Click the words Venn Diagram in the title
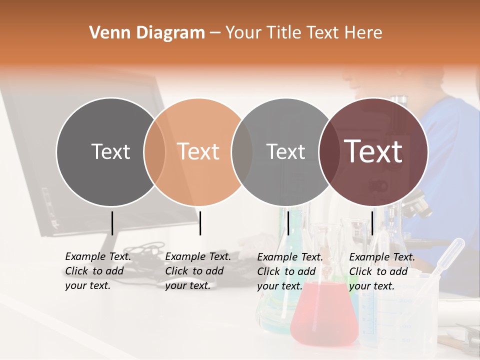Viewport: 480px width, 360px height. click(147, 33)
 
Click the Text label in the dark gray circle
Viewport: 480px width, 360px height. click(110, 151)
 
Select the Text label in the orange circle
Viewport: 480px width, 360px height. click(198, 151)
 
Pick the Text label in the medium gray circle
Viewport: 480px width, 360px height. click(286, 151)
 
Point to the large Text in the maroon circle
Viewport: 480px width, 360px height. click(373, 151)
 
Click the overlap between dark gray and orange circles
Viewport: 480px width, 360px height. click(154, 151)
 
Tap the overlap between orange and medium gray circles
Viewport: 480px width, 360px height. click(242, 151)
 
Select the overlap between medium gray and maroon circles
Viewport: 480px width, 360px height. click(328, 151)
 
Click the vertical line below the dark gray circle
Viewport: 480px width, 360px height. click(112, 223)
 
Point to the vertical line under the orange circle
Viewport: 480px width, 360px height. click(200, 223)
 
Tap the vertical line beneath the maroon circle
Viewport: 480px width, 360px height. click(372, 223)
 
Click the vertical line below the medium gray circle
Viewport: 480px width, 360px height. click(288, 223)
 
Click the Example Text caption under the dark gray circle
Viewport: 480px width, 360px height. click(97, 271)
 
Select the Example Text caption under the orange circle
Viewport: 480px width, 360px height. click(197, 271)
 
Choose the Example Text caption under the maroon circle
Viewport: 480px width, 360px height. click(381, 271)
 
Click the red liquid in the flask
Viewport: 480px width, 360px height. click(323, 315)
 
